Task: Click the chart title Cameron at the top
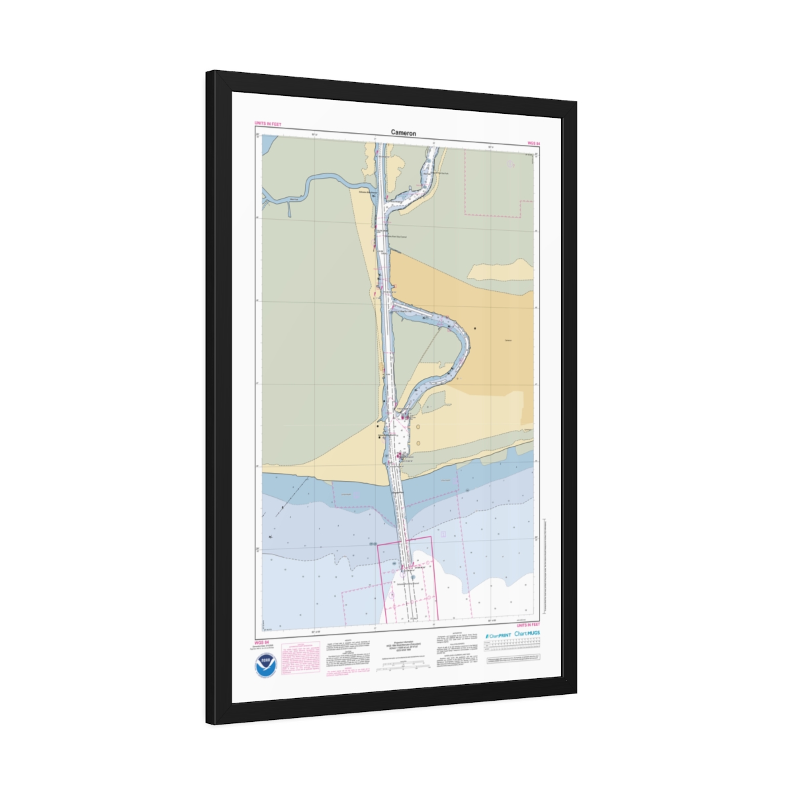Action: click(x=404, y=133)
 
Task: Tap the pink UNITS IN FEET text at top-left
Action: click(x=268, y=124)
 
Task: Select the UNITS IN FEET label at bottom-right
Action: click(x=528, y=625)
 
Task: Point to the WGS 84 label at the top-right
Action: click(x=533, y=143)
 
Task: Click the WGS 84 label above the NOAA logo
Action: click(x=262, y=642)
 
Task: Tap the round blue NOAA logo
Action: click(x=266, y=663)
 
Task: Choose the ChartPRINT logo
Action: click(x=497, y=635)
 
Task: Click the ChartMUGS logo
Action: click(x=527, y=633)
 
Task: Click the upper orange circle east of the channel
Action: click(x=418, y=426)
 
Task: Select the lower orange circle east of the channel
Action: click(x=418, y=443)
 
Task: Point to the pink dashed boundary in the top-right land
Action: click(x=496, y=214)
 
